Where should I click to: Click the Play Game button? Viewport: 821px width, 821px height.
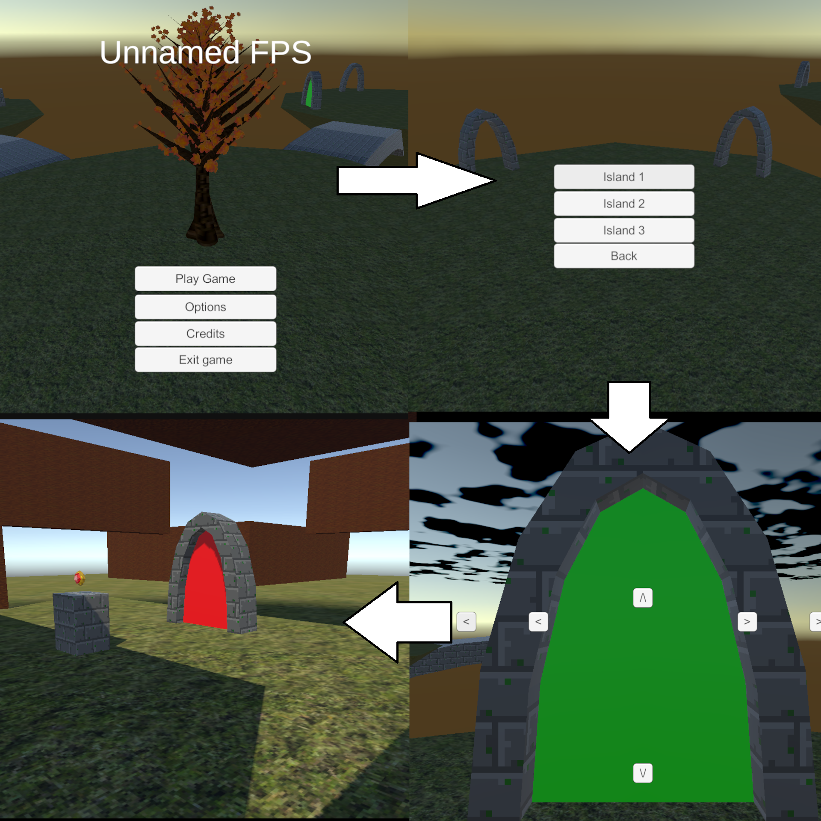(205, 279)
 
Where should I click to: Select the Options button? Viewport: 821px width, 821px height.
(205, 307)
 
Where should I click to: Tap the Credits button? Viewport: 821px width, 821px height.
(205, 334)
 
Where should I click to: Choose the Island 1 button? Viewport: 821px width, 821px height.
(624, 177)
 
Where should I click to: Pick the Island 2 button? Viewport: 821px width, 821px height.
(624, 204)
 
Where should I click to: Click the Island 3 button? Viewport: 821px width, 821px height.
(624, 230)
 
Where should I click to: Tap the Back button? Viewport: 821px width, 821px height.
(624, 256)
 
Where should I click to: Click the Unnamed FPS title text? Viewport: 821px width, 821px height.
(205, 53)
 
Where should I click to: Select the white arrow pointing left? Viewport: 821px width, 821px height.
(398, 622)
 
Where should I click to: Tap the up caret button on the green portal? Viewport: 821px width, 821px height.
(643, 598)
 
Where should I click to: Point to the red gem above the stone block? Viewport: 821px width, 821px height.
(79, 578)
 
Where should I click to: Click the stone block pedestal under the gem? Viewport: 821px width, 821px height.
(81, 622)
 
